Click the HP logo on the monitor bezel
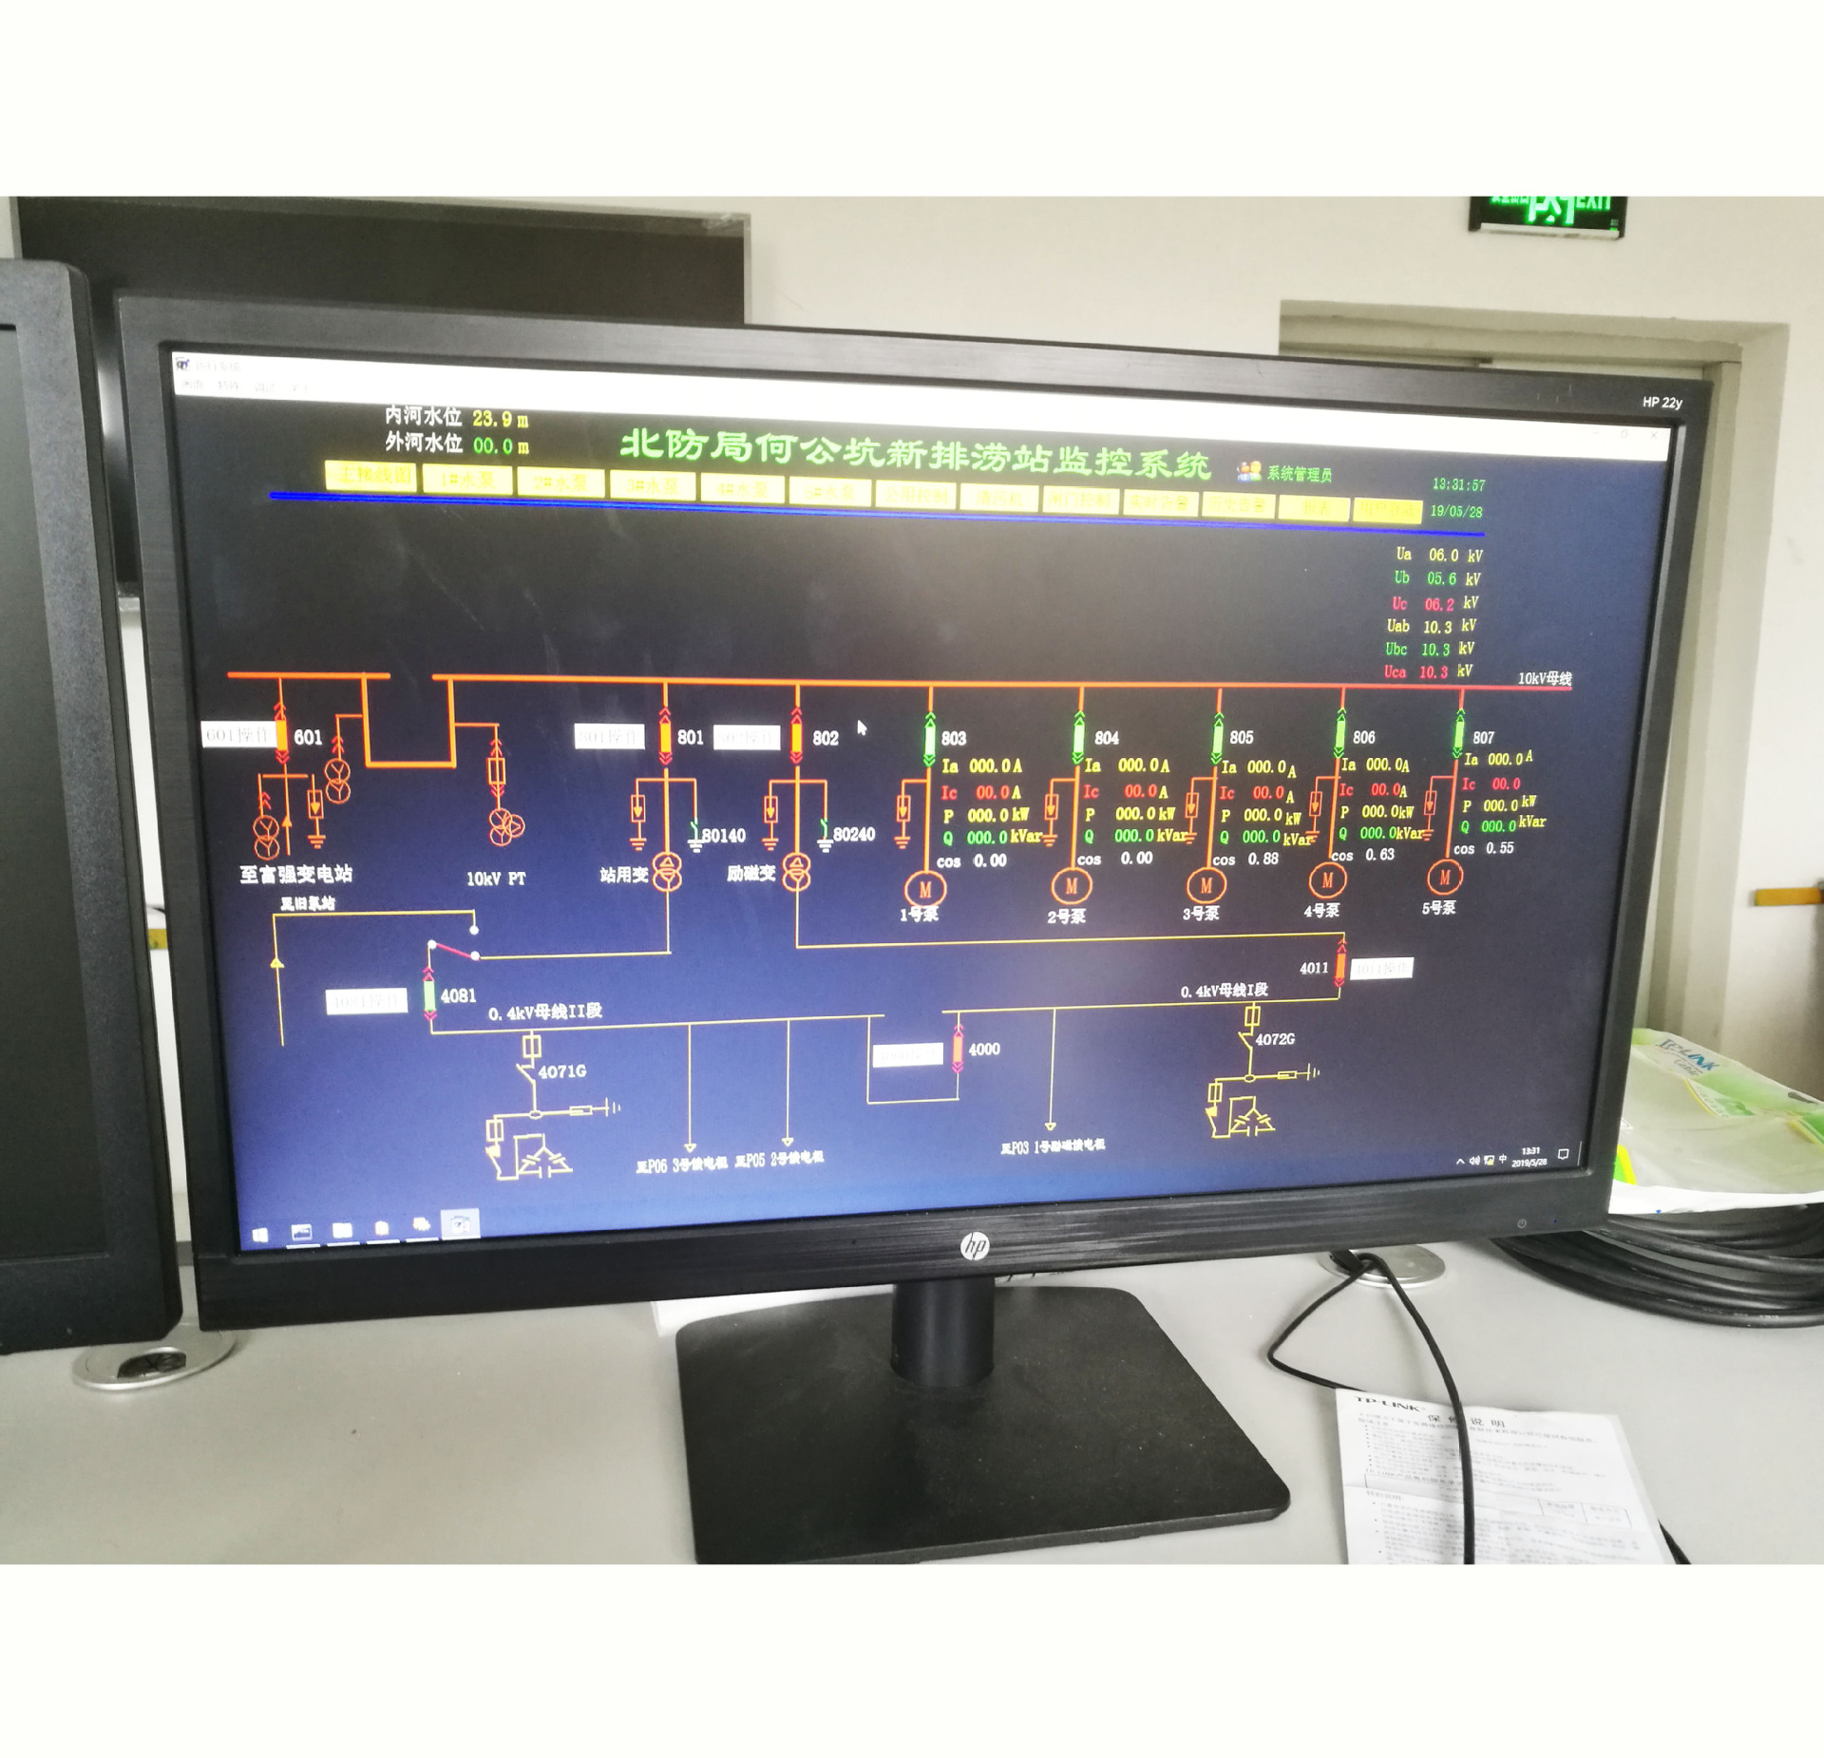[x=975, y=1245]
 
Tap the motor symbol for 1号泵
[x=924, y=890]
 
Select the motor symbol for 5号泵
[x=1444, y=878]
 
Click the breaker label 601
[x=308, y=737]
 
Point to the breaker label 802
[x=825, y=738]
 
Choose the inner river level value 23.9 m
[x=500, y=419]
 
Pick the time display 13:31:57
[x=1458, y=484]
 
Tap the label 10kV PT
[x=495, y=879]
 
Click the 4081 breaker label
[x=458, y=995]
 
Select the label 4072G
[x=1275, y=1039]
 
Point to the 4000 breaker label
[x=984, y=1049]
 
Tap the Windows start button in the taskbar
[x=260, y=1235]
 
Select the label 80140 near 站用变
[x=723, y=836]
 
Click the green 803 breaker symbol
[x=930, y=740]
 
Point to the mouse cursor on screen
[x=862, y=728]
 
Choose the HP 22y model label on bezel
[x=1662, y=403]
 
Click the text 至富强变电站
[x=295, y=874]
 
